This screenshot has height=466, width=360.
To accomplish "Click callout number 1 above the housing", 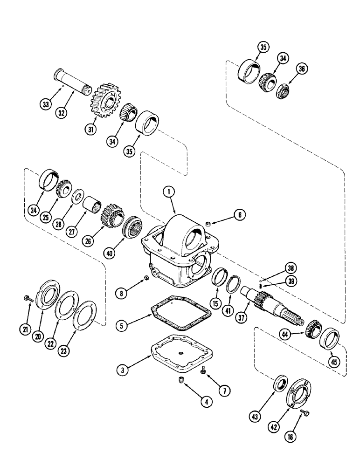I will click(x=169, y=192).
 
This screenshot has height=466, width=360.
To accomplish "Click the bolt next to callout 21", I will click(x=27, y=297).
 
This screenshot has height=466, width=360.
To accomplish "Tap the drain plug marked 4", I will click(x=180, y=382).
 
